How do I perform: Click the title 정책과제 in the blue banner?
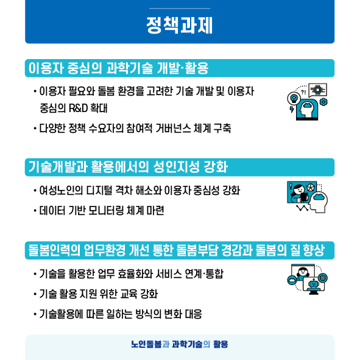180,26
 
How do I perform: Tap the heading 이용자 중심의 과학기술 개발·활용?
118,68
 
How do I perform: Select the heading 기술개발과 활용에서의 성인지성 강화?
128,167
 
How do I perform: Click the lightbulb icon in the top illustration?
294,99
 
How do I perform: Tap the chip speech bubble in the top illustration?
318,90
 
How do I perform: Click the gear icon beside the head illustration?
323,102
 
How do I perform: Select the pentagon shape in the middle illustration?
311,187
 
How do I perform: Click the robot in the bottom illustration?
313,284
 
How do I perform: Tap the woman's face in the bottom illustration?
303,272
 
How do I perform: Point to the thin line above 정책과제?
180,9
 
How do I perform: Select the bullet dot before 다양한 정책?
35,129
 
